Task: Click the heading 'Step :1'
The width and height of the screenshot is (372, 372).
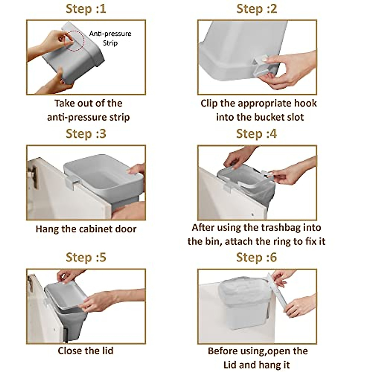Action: click(86, 9)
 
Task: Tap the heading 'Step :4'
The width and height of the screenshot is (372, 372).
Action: click(256, 134)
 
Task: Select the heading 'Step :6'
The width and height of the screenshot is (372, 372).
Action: click(256, 257)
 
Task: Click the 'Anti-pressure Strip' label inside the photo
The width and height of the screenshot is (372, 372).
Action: click(110, 38)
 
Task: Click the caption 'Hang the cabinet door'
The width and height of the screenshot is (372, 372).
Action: click(86, 229)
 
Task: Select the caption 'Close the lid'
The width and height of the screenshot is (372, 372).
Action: click(86, 351)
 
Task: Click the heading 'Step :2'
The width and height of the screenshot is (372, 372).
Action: click(256, 9)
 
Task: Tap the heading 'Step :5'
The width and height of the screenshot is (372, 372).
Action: click(86, 257)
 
